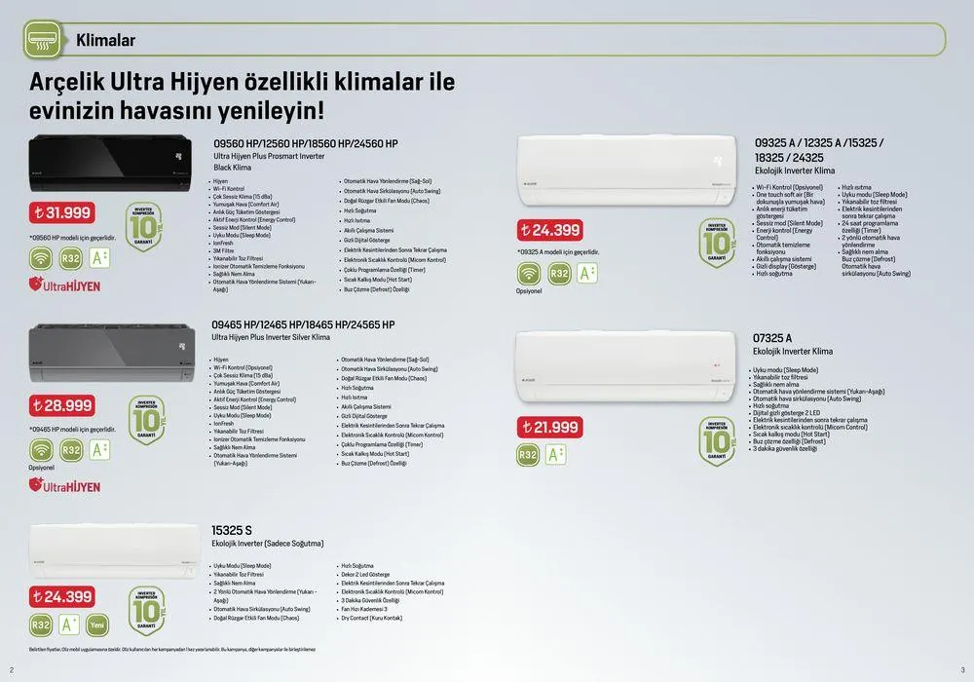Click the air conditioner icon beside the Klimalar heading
(x=41, y=40)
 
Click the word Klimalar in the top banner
(x=105, y=40)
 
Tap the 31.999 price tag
(x=61, y=213)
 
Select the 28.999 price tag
(x=61, y=404)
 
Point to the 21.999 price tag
(x=550, y=427)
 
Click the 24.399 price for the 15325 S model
(x=61, y=596)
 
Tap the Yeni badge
(x=97, y=625)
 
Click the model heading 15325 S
(x=232, y=530)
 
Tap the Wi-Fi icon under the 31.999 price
(x=41, y=258)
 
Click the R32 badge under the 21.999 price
(x=529, y=454)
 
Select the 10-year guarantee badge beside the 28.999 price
(x=146, y=420)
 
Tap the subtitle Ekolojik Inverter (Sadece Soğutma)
(x=268, y=544)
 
